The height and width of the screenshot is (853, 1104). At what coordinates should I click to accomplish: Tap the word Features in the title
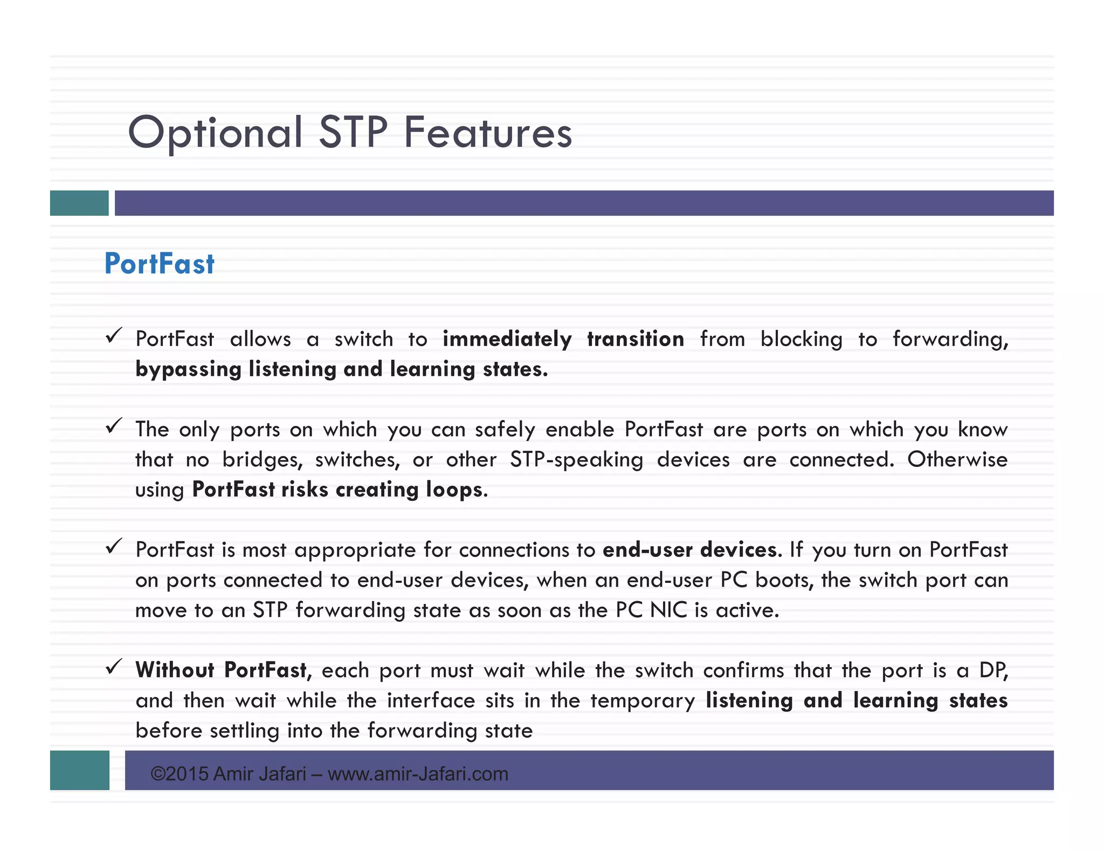click(x=488, y=133)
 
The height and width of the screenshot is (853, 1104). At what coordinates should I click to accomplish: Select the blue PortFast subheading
click(x=160, y=264)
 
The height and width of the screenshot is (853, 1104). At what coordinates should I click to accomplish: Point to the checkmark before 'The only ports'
click(x=114, y=426)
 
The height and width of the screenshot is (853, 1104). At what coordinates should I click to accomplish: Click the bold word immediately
click(x=507, y=339)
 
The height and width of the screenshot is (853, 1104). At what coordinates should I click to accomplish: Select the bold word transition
click(x=636, y=339)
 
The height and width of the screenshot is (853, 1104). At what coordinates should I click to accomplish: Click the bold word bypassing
click(x=188, y=369)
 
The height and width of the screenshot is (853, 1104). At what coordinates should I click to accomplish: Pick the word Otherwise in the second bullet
click(x=957, y=459)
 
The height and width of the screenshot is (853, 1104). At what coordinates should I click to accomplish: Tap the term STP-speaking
click(x=576, y=460)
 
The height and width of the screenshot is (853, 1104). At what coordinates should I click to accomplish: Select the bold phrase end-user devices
click(x=691, y=550)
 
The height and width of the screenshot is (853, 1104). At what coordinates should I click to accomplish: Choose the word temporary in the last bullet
click(x=643, y=700)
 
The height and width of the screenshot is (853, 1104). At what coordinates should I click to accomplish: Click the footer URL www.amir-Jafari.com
click(x=418, y=774)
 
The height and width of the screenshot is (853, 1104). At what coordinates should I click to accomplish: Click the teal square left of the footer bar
click(x=80, y=770)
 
